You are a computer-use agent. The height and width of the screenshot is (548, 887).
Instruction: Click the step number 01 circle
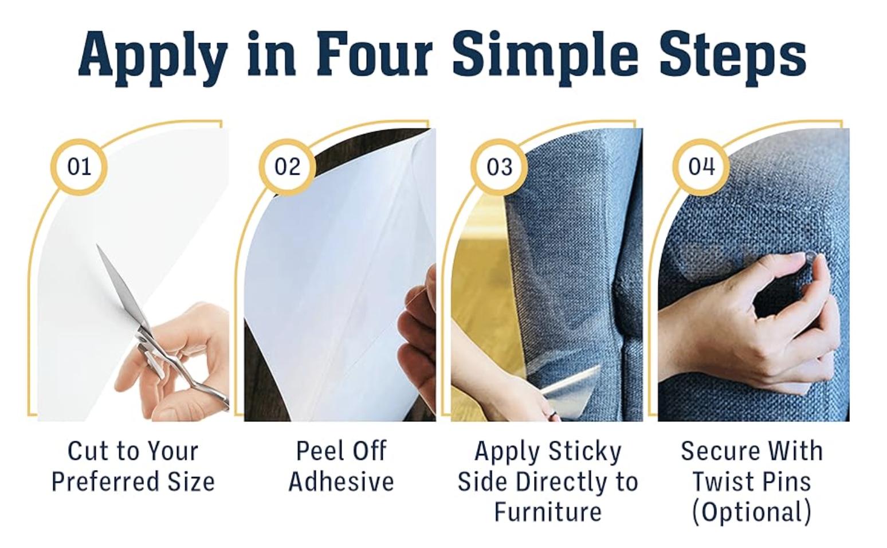pyautogui.click(x=79, y=167)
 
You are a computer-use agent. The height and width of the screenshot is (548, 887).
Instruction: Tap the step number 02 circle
pyautogui.click(x=288, y=167)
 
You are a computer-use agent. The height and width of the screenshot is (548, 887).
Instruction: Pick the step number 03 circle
pyautogui.click(x=499, y=167)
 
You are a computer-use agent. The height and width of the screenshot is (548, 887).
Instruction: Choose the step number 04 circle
pyautogui.click(x=701, y=167)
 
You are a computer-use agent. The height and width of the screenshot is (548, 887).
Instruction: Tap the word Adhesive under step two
pyautogui.click(x=342, y=482)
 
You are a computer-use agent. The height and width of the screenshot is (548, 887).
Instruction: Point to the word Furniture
pyautogui.click(x=548, y=511)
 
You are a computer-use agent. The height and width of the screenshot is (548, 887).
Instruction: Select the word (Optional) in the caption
pyautogui.click(x=751, y=512)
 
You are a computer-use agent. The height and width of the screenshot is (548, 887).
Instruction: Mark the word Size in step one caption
pyautogui.click(x=191, y=482)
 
